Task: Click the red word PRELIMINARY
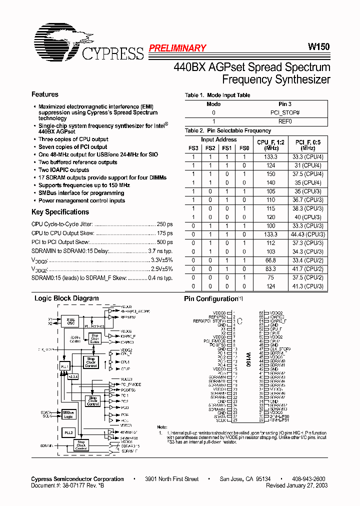tap(177, 48)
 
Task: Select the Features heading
tap(45, 94)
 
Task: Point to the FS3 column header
tap(193, 148)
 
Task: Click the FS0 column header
tap(243, 148)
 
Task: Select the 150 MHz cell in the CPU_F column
tap(270, 173)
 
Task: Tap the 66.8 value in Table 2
tap(270, 260)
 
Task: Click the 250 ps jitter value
tap(164, 224)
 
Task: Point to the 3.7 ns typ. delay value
tap(160, 251)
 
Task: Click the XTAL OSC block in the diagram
tap(71, 321)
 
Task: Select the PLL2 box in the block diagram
tap(68, 431)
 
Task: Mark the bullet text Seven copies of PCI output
tap(73, 147)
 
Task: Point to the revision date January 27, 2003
tap(297, 485)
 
